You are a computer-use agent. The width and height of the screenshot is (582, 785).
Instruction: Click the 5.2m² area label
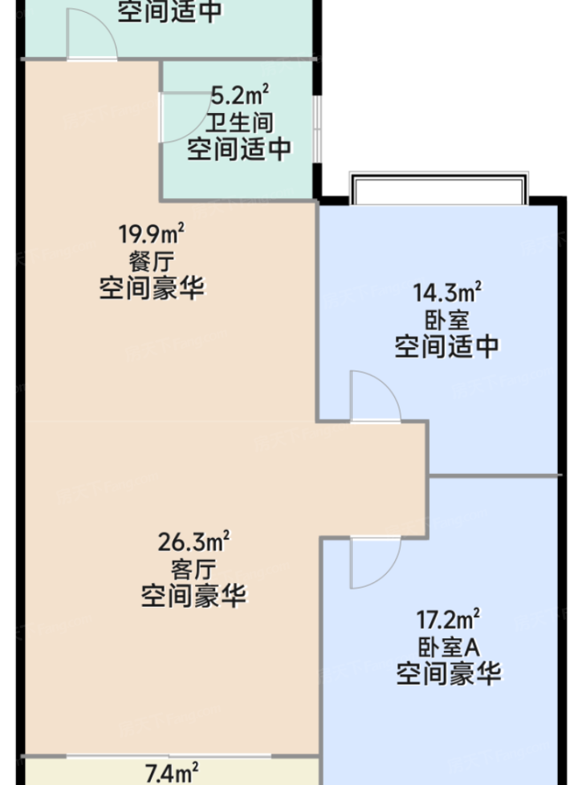[x=239, y=95]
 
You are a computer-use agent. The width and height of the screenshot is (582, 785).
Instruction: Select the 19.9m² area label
[x=151, y=233]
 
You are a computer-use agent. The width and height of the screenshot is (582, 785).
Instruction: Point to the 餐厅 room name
[x=152, y=261]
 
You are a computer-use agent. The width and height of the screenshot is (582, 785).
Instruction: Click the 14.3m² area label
[x=447, y=292]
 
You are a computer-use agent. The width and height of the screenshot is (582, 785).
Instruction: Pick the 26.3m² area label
[x=193, y=541]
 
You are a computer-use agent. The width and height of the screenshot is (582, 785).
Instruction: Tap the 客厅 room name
[x=193, y=569]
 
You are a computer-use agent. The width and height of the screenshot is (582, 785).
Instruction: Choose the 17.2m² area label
[x=448, y=619]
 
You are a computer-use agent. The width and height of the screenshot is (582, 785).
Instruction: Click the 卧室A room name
[x=450, y=647]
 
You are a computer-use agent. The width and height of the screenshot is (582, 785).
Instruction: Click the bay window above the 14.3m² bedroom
[x=438, y=188]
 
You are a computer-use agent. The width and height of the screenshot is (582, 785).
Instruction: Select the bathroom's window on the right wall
[x=317, y=127]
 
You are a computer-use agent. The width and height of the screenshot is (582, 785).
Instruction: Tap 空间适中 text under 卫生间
[x=239, y=149]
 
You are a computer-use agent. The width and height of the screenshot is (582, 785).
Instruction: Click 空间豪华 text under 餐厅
[x=152, y=288]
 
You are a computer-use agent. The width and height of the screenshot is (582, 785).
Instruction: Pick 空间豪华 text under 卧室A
[x=449, y=674]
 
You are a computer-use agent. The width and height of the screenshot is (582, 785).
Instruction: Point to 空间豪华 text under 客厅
[x=193, y=596]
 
